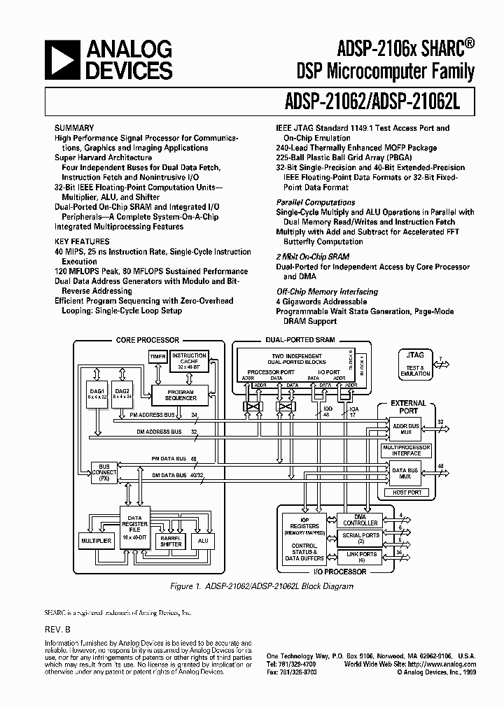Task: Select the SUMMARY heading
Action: [74, 128]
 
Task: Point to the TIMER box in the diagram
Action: [157, 357]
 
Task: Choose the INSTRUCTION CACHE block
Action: [189, 361]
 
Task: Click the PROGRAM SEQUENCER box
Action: [181, 395]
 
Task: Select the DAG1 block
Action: [97, 394]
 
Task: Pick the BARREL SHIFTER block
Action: [171, 541]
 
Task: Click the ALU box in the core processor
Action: [203, 541]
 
